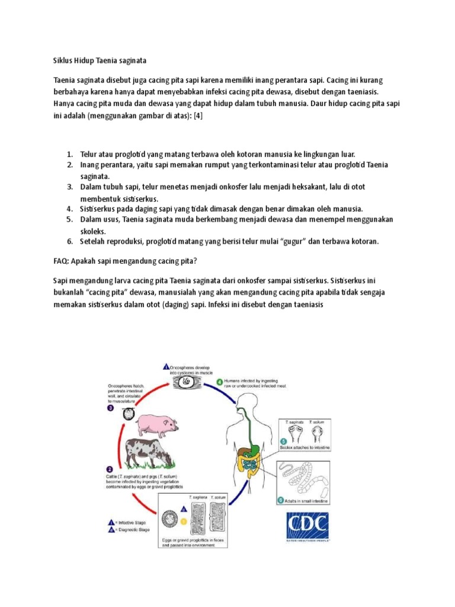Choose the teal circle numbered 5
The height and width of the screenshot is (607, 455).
283,442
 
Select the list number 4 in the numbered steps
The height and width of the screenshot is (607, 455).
69,209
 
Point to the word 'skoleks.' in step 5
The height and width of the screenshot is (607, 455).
94,231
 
